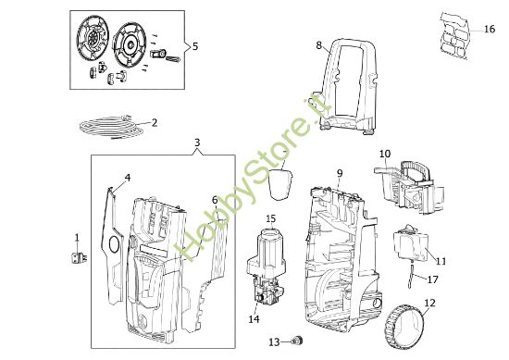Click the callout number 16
click(490, 30)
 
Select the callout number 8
click(318, 44)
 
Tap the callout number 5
click(194, 45)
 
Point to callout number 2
click(154, 122)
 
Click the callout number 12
click(429, 303)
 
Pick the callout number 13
click(274, 342)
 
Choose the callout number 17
click(432, 278)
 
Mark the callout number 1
click(77, 238)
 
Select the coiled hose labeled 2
click(111, 122)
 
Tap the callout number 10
click(385, 154)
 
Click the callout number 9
click(340, 173)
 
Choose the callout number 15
click(271, 218)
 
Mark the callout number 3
click(196, 143)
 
